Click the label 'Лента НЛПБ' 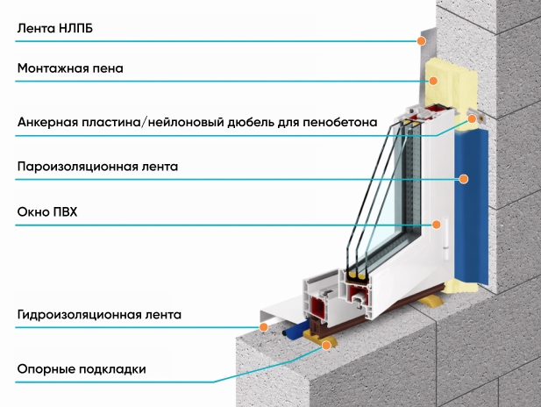point(55,28)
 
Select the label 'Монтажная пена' point(70,68)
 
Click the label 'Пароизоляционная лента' point(97,167)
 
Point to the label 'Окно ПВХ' point(47,211)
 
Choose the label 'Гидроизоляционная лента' point(99,315)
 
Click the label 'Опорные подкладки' point(82,369)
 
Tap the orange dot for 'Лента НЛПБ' point(421,41)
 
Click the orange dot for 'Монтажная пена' point(433,81)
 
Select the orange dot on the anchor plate point(472,118)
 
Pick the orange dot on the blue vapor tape point(464,179)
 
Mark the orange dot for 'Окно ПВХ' point(436,225)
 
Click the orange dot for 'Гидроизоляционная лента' point(264,326)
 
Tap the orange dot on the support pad point(326,345)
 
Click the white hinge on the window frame point(445,239)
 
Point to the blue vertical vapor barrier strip point(472,207)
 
